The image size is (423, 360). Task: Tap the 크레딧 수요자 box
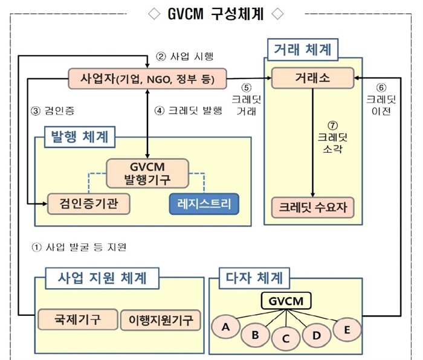[x=312, y=207]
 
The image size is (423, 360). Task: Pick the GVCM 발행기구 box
[x=147, y=172]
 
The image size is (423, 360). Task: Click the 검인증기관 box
[x=89, y=204]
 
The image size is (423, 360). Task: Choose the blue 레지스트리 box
[x=204, y=204]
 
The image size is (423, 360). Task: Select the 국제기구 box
[x=77, y=319]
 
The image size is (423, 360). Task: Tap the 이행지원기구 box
[x=160, y=319]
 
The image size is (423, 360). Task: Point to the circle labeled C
[x=286, y=338]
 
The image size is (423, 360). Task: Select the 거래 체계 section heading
[x=302, y=48]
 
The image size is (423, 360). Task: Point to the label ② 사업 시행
[x=184, y=57]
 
